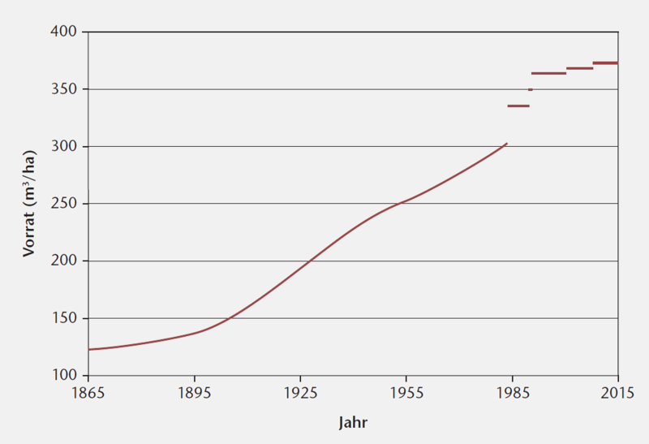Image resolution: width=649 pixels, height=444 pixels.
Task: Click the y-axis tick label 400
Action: pos(64,32)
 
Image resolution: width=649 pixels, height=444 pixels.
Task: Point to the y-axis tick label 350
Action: pos(64,89)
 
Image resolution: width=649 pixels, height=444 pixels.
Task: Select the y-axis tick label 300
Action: pos(64,146)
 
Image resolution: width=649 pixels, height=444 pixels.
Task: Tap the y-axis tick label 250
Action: pos(64,204)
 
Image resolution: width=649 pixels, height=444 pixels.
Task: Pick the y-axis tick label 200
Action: pos(64,261)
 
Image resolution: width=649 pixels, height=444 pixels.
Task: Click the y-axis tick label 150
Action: pos(64,318)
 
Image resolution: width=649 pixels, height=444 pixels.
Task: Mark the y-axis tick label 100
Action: pos(64,376)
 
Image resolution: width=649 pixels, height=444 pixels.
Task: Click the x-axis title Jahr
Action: pos(353,423)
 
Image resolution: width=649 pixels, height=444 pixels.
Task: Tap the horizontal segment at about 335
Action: pos(518,106)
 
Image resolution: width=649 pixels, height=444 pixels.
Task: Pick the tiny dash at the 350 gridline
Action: pos(531,89)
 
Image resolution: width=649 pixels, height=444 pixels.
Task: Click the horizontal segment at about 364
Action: pos(548,73)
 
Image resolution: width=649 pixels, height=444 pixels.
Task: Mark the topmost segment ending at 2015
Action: pos(605,63)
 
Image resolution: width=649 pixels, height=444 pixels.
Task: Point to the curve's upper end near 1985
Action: pos(506,144)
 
